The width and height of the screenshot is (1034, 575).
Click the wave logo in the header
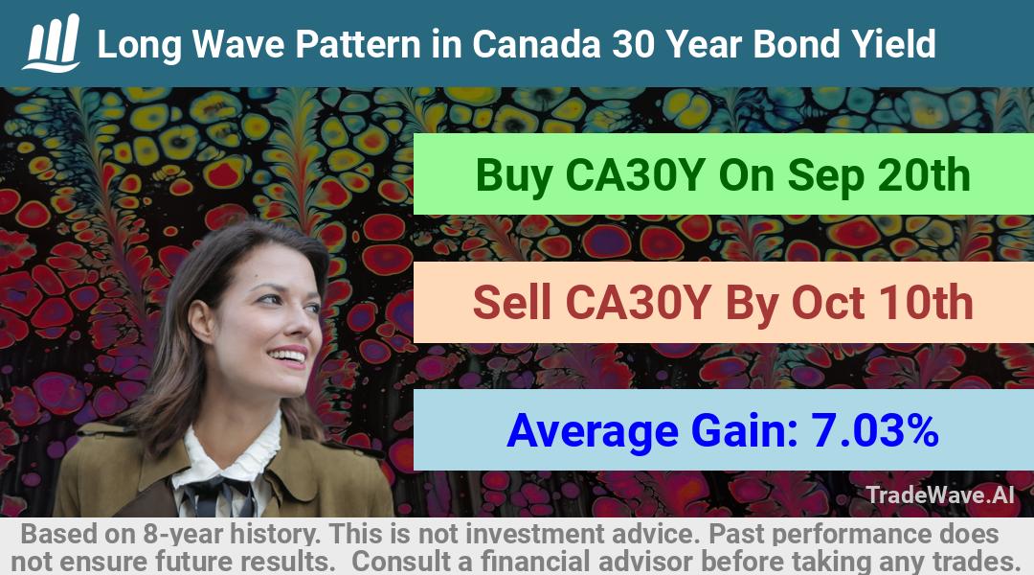[x=52, y=43]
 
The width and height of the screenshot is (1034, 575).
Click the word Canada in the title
[x=536, y=44]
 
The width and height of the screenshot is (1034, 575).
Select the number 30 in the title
[x=634, y=44]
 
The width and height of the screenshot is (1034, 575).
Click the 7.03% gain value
[x=874, y=430]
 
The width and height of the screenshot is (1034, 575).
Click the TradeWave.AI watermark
[x=940, y=494]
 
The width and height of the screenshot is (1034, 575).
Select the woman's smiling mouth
[x=288, y=356]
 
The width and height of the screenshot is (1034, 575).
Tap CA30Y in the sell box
[x=638, y=303]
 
